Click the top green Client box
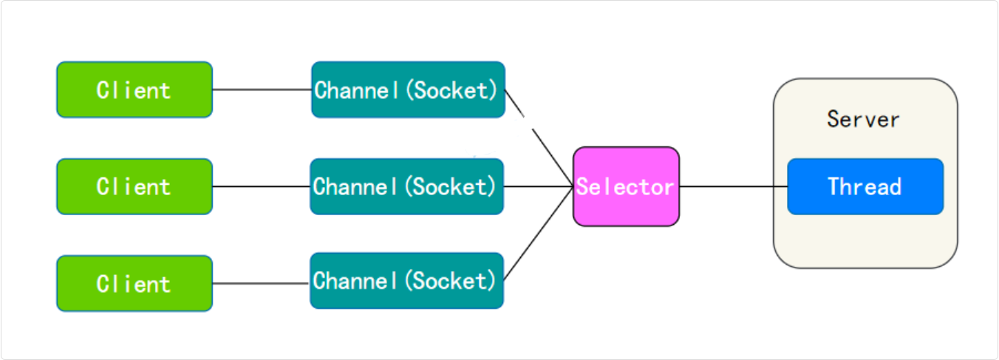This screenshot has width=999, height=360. tap(134, 89)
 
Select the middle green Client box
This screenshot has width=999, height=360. tap(134, 186)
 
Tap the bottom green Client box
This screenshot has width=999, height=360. tap(134, 283)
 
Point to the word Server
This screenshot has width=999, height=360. tap(863, 120)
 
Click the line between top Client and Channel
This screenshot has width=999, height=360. tap(262, 89)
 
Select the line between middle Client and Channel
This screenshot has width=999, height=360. tap(261, 186)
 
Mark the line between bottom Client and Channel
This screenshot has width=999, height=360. tap(261, 283)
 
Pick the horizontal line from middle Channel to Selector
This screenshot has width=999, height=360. tap(538, 186)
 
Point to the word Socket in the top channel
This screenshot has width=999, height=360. tap(453, 90)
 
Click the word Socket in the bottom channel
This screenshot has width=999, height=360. tap(451, 281)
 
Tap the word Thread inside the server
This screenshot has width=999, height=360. tap(865, 186)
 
